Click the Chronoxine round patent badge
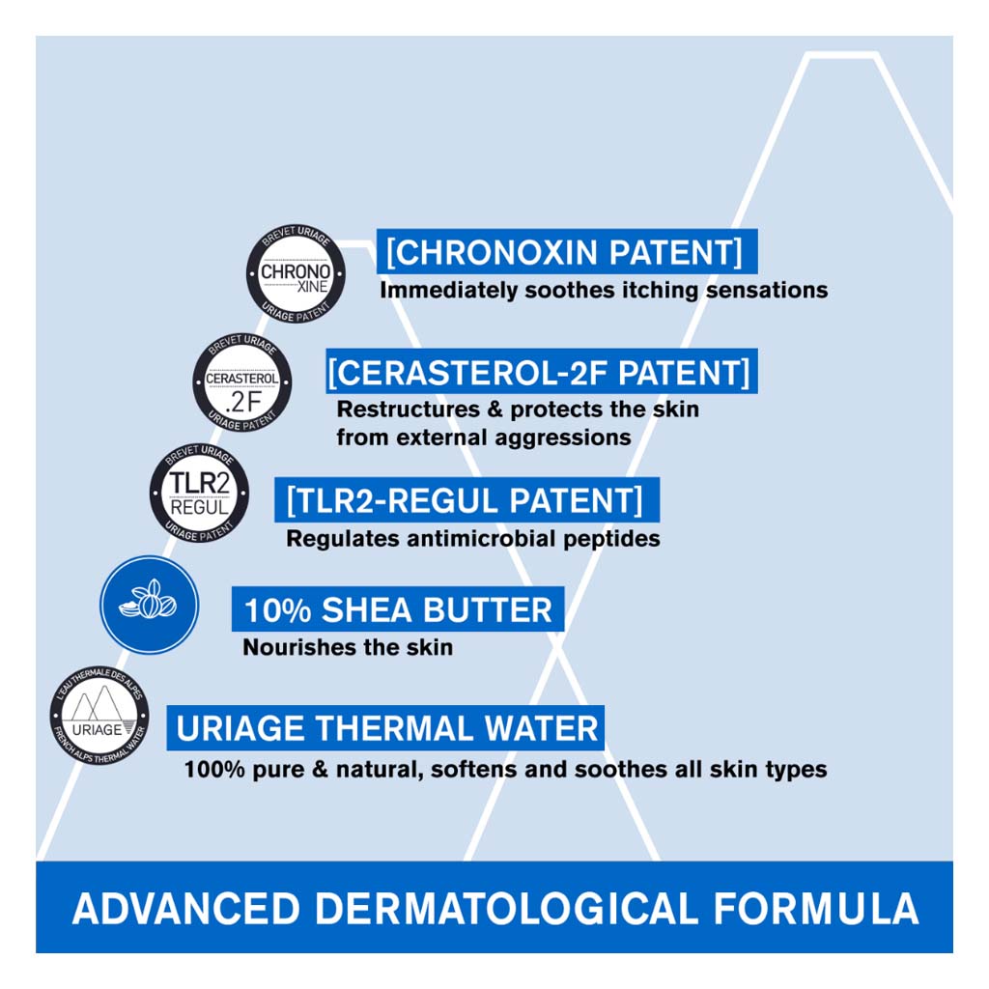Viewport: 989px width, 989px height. pos(296,273)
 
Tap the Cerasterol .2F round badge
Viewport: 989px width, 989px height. pos(242,382)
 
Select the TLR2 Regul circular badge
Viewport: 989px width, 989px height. pos(199,493)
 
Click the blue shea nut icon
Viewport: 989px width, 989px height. pos(150,605)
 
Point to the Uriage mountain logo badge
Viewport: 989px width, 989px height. pos(99,716)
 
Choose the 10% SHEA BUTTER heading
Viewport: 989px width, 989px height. pos(398,610)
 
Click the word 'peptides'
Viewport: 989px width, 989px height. pos(611,540)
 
